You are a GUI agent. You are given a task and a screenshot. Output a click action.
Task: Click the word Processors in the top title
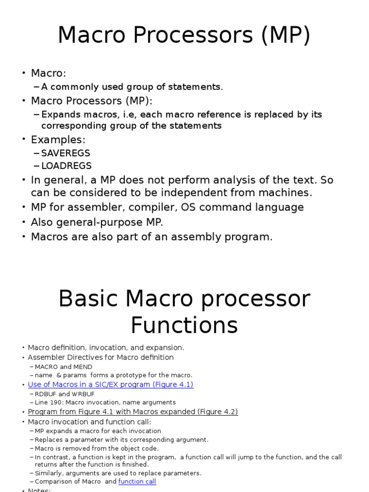(x=193, y=35)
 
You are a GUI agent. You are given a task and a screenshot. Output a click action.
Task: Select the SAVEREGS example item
(x=65, y=153)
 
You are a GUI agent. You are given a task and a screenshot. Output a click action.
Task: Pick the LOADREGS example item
(x=66, y=166)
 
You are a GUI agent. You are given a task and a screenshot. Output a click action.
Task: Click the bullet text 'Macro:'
(x=49, y=73)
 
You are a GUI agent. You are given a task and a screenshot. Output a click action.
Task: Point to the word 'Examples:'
(x=58, y=140)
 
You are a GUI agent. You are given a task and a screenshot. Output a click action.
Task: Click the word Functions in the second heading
(x=184, y=325)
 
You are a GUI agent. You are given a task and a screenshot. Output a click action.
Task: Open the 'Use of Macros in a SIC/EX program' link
(x=111, y=385)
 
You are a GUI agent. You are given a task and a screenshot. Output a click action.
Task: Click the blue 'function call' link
(x=137, y=481)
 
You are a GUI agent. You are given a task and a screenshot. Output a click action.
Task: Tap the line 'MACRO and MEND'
(x=63, y=367)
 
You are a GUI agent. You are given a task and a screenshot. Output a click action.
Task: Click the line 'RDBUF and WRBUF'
(x=64, y=394)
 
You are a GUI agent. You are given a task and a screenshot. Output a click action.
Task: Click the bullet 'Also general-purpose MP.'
(x=97, y=222)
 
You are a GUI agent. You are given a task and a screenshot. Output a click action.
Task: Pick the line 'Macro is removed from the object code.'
(x=97, y=448)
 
